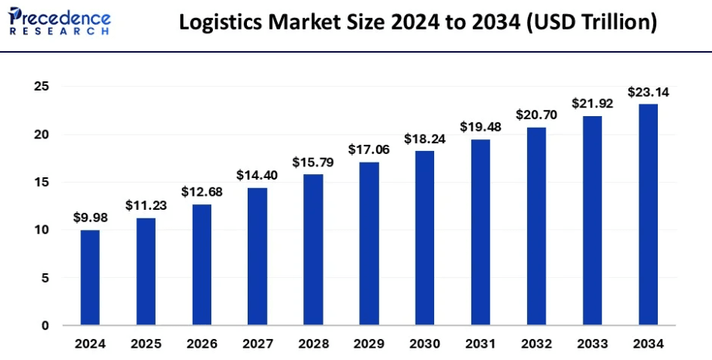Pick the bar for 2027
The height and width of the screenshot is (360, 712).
pos(257,256)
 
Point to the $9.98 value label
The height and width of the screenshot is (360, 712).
pos(91,218)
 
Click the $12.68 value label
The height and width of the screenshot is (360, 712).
pos(201,192)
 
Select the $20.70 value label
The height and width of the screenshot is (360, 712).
pos(536,115)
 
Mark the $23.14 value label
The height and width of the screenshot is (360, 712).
pos(648,92)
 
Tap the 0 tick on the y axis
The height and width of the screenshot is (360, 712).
pos(45,325)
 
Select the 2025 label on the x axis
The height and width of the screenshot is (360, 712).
pos(145,342)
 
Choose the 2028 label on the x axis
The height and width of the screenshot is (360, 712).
pos(313,342)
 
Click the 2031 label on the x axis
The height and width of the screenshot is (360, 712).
pos(481,342)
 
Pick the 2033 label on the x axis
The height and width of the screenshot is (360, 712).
pos(592,342)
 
